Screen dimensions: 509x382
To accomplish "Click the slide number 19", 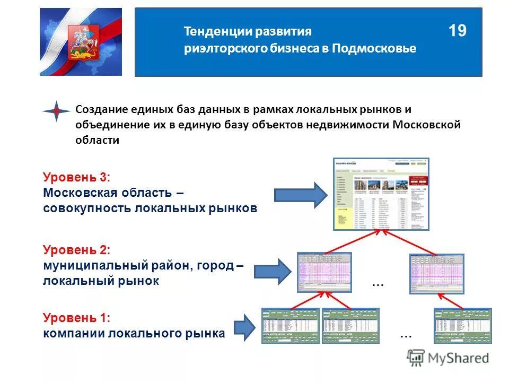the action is pyautogui.click(x=457, y=31).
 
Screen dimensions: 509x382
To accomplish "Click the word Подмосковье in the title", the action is pyautogui.click(x=375, y=48).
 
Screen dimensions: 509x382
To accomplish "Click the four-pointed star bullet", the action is pyautogui.click(x=56, y=111).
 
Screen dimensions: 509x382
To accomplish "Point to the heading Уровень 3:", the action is pyautogui.click(x=76, y=177).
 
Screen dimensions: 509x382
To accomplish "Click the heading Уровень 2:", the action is pyautogui.click(x=76, y=249).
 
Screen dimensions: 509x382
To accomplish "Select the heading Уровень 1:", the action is pyautogui.click(x=76, y=318).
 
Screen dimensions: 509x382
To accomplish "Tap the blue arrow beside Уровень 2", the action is pyautogui.click(x=273, y=272).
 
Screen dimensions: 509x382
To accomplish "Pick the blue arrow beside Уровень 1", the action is pyautogui.click(x=244, y=327).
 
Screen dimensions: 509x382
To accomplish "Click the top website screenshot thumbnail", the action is pyautogui.click(x=381, y=194).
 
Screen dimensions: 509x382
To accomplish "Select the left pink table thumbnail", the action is pyautogui.click(x=324, y=272).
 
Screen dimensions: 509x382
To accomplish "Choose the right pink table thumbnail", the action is pyautogui.click(x=436, y=273).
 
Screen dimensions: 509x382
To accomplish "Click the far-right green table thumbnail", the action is pyautogui.click(x=462, y=326).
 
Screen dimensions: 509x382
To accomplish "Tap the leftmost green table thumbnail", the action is pyautogui.click(x=290, y=326).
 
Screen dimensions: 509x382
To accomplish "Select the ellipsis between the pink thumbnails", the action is pyautogui.click(x=378, y=284).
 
